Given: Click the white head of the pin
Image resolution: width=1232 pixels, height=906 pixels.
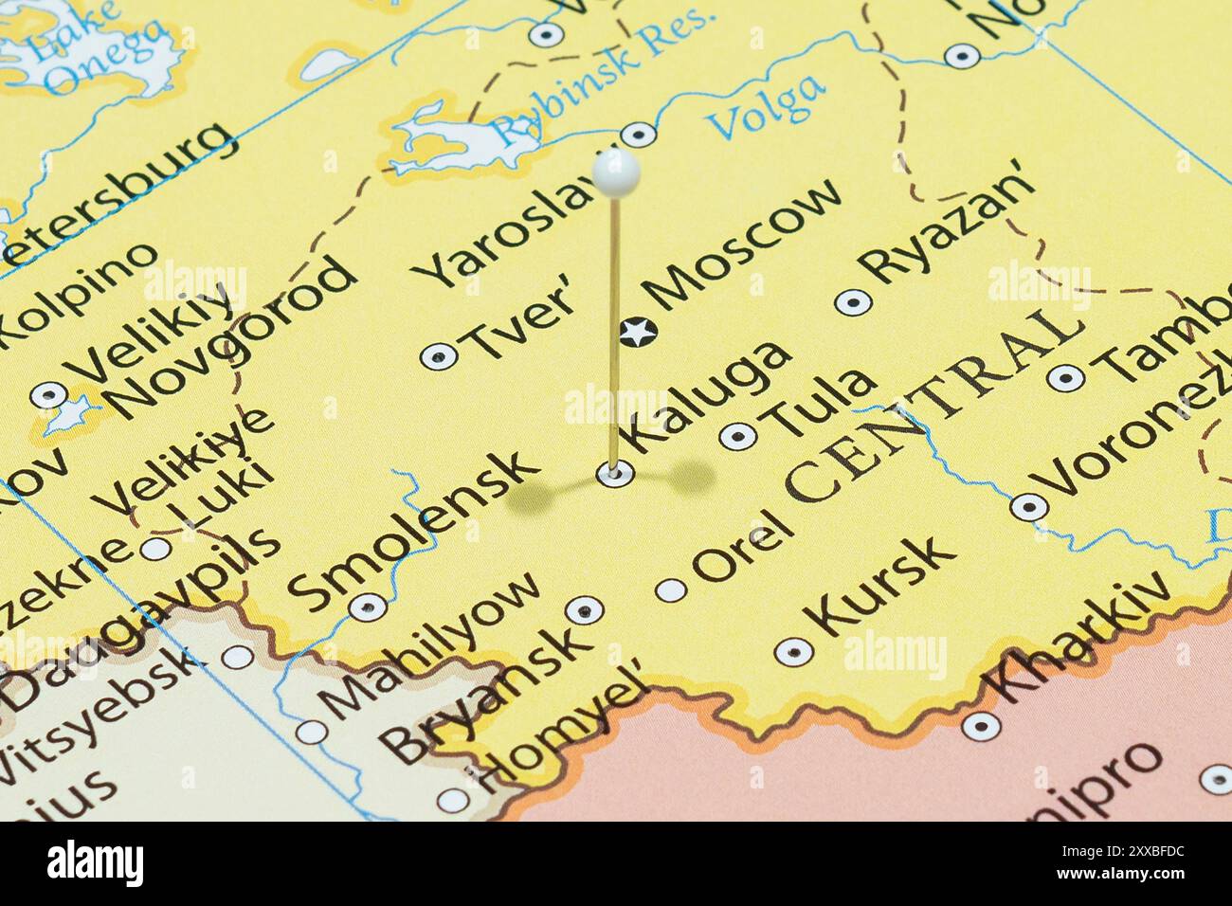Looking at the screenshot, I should coord(616,173).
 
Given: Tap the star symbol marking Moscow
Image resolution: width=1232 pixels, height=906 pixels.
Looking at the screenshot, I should coord(637,332).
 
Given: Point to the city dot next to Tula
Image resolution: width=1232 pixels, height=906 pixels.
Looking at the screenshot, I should coord(738,436).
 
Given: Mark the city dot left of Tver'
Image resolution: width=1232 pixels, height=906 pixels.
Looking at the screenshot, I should coord(438,356).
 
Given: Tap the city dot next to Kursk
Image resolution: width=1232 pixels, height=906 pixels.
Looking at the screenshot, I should coord(793,651).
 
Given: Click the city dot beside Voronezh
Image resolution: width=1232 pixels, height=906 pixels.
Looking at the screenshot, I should coord(1027,507).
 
